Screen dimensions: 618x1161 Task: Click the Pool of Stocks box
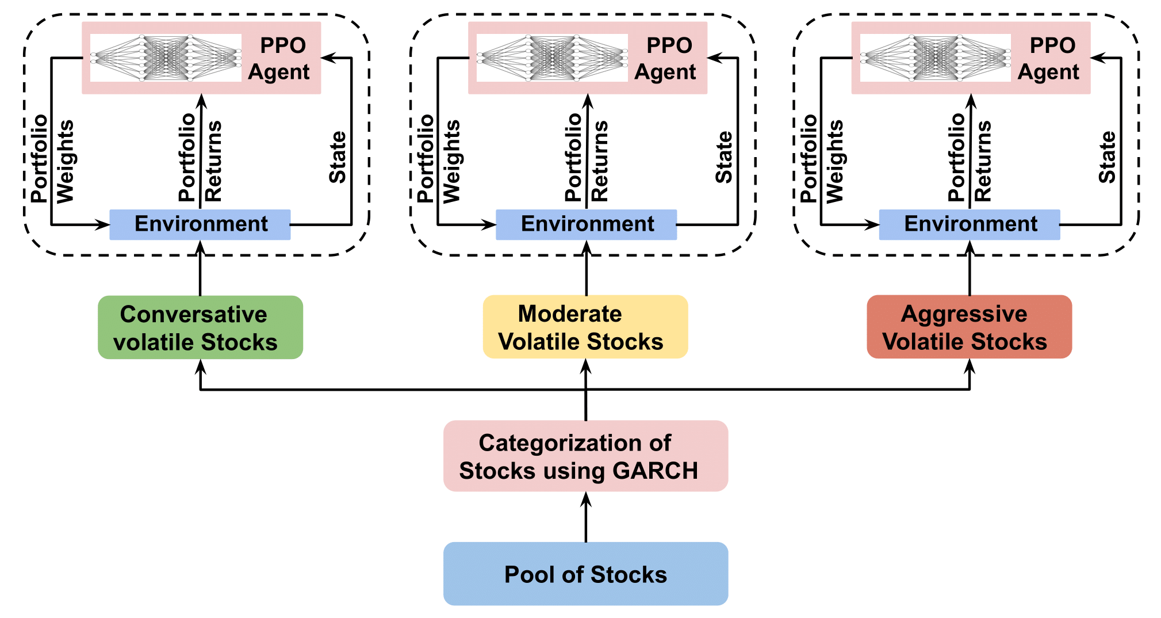click(585, 574)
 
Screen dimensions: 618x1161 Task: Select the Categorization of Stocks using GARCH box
click(585, 456)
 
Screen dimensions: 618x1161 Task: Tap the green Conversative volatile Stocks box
click(200, 327)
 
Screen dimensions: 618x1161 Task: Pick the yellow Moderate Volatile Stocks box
click(585, 327)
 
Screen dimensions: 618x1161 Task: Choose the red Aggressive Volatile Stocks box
click(969, 327)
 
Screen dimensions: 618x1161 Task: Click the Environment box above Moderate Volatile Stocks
click(586, 224)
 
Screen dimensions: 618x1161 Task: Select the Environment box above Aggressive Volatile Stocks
click(970, 224)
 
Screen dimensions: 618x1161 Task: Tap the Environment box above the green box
click(200, 224)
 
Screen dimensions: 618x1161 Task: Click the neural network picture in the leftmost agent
click(166, 58)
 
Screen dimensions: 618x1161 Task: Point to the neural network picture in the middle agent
click(552, 58)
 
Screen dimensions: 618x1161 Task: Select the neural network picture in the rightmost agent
click(935, 58)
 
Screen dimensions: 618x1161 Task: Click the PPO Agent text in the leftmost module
click(280, 58)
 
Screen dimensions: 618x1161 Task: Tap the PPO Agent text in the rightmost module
click(1049, 58)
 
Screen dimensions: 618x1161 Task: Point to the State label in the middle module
click(723, 157)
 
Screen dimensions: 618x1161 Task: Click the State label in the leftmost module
click(337, 157)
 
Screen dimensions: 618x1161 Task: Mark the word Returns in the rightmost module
click(983, 161)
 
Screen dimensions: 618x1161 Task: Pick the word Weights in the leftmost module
click(65, 161)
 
